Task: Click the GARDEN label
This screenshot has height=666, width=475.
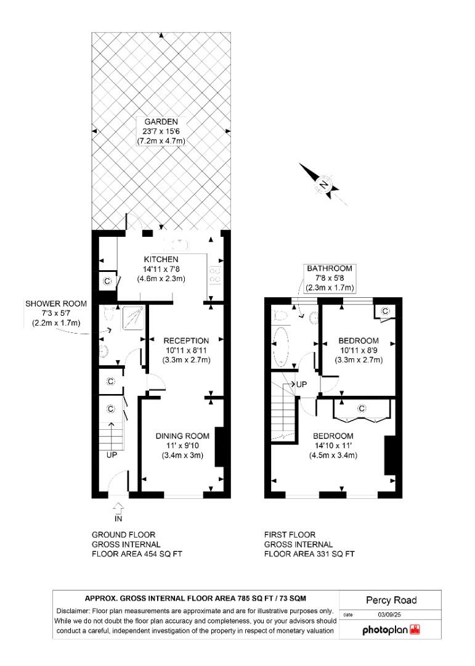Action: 161,122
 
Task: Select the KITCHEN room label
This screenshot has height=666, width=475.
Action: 161,259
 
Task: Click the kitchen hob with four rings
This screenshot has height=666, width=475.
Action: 216,274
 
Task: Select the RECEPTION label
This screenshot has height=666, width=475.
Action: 186,340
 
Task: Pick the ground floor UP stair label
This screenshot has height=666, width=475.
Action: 112,456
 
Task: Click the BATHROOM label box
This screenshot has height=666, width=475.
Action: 330,277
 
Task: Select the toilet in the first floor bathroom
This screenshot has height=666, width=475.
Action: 280,316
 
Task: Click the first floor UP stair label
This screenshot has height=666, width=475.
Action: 301,384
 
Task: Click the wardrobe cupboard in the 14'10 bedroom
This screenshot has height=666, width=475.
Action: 361,409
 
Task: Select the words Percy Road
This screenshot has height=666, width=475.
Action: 391,600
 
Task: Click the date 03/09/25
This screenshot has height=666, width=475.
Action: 389,615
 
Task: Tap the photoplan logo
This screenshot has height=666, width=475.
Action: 391,630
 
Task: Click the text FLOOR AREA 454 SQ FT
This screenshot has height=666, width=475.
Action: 137,554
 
